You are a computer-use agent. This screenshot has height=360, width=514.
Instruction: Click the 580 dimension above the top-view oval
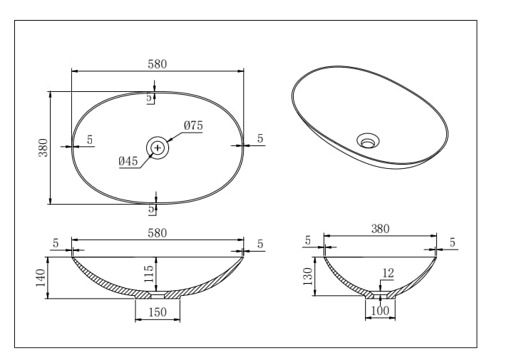[x=158, y=64]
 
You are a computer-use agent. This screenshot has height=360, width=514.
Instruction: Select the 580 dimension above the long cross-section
[x=158, y=233]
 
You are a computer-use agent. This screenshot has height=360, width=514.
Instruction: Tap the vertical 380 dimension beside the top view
[x=43, y=148]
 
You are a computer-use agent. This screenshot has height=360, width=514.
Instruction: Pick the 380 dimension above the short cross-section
[x=381, y=229]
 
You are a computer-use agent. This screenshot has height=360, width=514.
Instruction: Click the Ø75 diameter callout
[x=193, y=125]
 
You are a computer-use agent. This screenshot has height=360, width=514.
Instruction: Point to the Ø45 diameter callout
[x=128, y=161]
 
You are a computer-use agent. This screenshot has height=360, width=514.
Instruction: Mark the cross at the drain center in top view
[x=158, y=148]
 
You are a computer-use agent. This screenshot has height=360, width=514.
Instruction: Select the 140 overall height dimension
[x=41, y=277]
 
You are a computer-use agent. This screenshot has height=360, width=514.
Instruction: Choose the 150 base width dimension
[x=158, y=312]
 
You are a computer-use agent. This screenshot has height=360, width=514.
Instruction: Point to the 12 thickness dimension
[x=388, y=272]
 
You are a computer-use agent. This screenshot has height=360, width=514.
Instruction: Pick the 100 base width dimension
[x=381, y=311]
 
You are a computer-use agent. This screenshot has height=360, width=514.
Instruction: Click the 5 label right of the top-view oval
[x=260, y=138]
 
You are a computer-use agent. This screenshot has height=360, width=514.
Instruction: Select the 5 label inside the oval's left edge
[x=90, y=140]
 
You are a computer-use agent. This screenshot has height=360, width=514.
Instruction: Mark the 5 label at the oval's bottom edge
[x=151, y=210]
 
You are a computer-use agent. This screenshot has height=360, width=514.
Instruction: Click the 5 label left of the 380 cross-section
[x=308, y=241]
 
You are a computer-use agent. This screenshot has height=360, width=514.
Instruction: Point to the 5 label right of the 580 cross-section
[x=260, y=244]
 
